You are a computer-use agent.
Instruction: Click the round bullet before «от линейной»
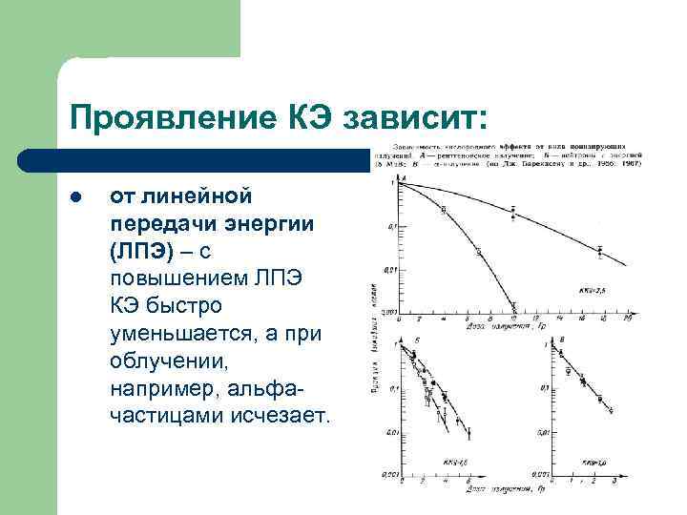click(75, 197)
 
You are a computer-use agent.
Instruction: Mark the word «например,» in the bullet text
click(163, 390)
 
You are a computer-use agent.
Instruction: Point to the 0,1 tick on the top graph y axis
click(386, 227)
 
